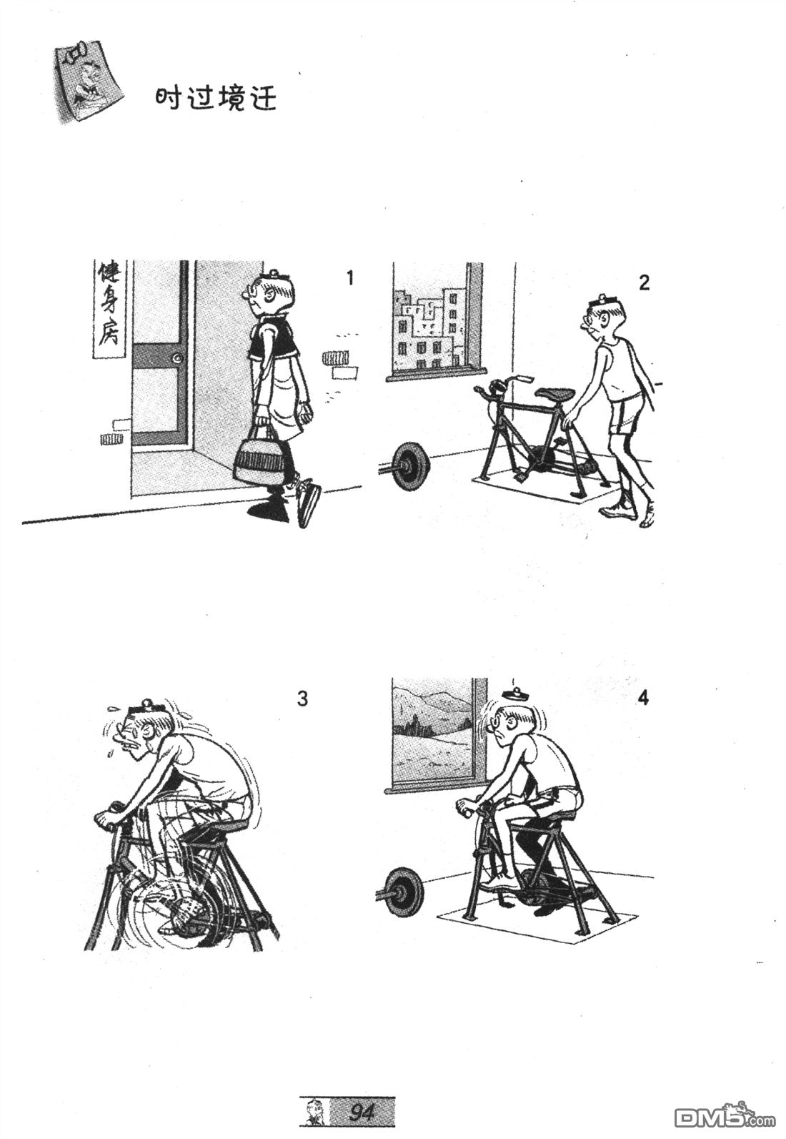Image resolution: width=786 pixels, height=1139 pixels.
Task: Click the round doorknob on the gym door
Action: coord(177,358)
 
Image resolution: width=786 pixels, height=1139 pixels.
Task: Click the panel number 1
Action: coord(349,279)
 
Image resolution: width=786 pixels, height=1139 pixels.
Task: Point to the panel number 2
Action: coord(644,282)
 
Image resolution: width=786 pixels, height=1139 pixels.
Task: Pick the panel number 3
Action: coord(302,699)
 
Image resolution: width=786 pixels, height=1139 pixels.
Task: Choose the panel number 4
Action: coord(642,699)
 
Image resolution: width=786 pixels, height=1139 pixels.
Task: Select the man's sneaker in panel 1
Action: coord(307,503)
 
